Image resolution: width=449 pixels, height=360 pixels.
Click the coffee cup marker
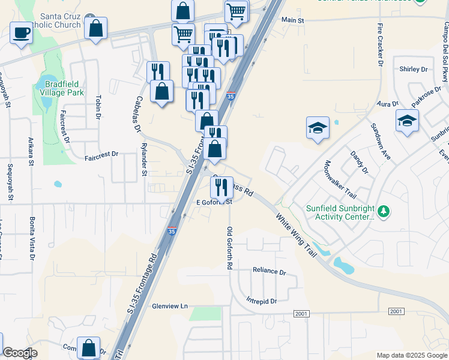coord(22,32)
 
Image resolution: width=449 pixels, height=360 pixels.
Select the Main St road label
coord(293,20)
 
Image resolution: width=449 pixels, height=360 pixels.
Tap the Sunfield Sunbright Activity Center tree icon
coord(383,211)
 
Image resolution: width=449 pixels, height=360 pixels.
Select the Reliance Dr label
coord(269,271)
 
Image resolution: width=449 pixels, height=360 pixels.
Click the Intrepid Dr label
coord(261,301)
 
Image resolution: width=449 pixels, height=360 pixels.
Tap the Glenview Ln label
coord(170,306)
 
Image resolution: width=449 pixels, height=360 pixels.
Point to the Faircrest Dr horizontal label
coord(101,154)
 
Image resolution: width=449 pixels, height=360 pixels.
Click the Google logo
coord(20,353)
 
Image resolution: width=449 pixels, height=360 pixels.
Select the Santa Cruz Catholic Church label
coord(59,20)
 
